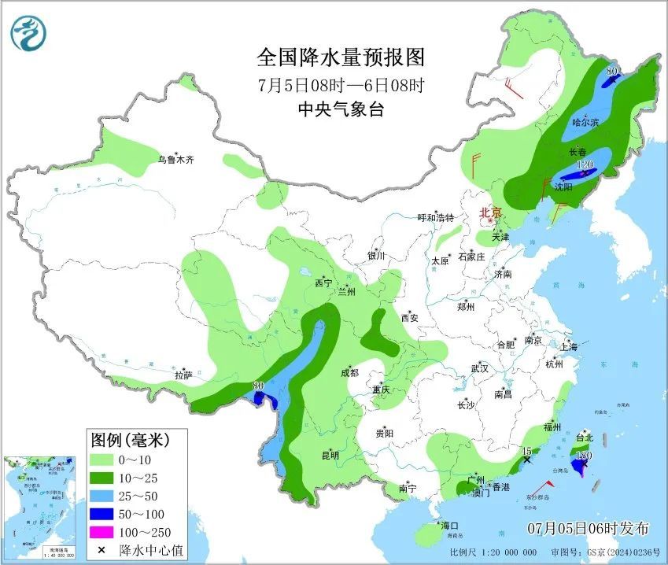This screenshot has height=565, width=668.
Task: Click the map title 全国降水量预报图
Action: point(341,57)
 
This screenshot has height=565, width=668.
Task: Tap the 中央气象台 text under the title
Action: point(341,109)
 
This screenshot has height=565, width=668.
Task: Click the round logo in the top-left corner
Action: point(29,32)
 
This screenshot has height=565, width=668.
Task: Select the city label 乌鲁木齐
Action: point(175,160)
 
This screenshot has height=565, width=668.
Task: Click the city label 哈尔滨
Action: point(585,122)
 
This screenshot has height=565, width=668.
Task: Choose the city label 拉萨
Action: point(183,376)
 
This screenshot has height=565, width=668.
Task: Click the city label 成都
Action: point(350,373)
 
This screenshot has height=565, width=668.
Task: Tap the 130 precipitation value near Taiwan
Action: point(583,456)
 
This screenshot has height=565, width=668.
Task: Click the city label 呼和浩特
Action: point(435,218)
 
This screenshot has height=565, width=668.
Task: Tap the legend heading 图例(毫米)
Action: point(130,438)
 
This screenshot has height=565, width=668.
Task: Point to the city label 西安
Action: point(410,318)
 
